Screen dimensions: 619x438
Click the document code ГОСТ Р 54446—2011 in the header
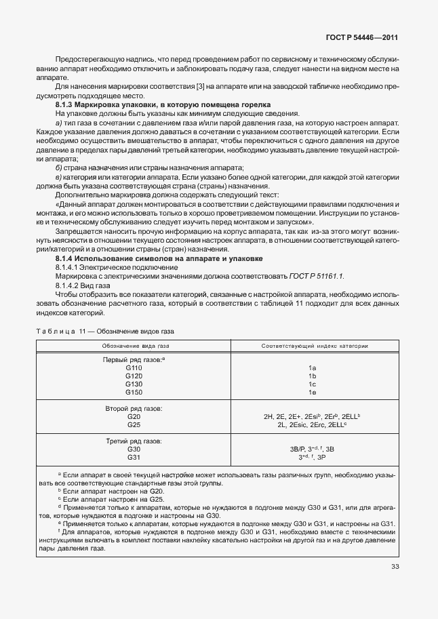pyautogui.click(x=370, y=38)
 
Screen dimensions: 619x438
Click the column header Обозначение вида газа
pyautogui.click(x=134, y=346)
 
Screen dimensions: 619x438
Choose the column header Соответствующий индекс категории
pyautogui.click(x=315, y=346)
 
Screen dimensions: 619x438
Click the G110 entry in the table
pyautogui.click(x=134, y=367)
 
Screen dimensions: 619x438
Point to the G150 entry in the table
pyautogui.click(x=134, y=392)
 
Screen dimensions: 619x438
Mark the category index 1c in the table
pyautogui.click(x=313, y=384)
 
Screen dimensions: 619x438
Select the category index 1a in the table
pyautogui.click(x=313, y=367)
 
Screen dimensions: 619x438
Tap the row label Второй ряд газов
pyautogui.click(x=134, y=408)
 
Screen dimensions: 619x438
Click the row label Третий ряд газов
pyautogui.click(x=134, y=441)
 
